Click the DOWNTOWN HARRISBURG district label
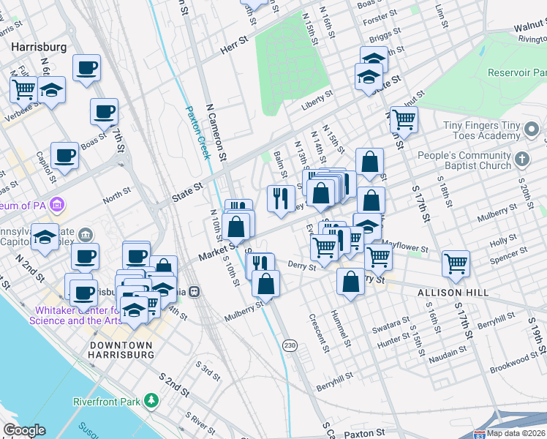click(x=121, y=349)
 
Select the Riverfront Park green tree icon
click(x=151, y=400)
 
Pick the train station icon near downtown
click(x=194, y=290)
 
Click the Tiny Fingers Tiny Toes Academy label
click(x=480, y=131)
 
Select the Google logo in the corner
click(x=24, y=429)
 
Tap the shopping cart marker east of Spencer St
click(x=456, y=263)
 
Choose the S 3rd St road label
click(x=208, y=370)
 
